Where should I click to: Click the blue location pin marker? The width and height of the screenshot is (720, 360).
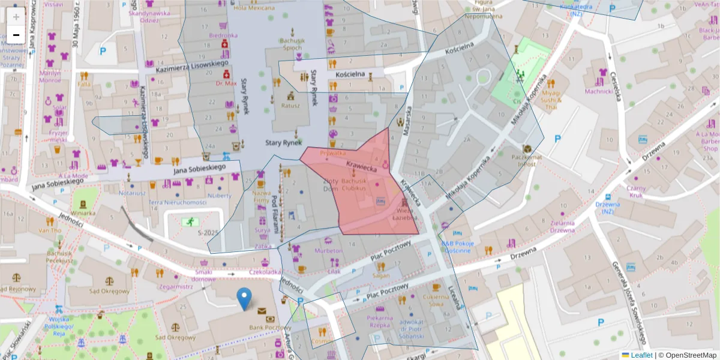click(x=244, y=299)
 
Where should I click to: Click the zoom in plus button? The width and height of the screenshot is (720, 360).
click(x=16, y=17)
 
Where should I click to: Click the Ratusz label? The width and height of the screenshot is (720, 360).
click(x=290, y=105)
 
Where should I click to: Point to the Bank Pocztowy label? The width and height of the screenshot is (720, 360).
click(x=263, y=327)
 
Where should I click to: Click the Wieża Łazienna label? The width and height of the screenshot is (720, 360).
click(x=406, y=215)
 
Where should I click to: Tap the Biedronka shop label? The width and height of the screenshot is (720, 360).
click(x=223, y=35)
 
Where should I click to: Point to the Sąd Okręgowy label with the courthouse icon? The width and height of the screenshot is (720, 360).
click(x=109, y=291)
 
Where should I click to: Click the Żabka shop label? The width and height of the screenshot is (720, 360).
click(x=262, y=246)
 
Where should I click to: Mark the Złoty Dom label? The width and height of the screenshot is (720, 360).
click(x=331, y=184)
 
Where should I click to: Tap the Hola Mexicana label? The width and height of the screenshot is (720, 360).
click(x=253, y=8)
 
